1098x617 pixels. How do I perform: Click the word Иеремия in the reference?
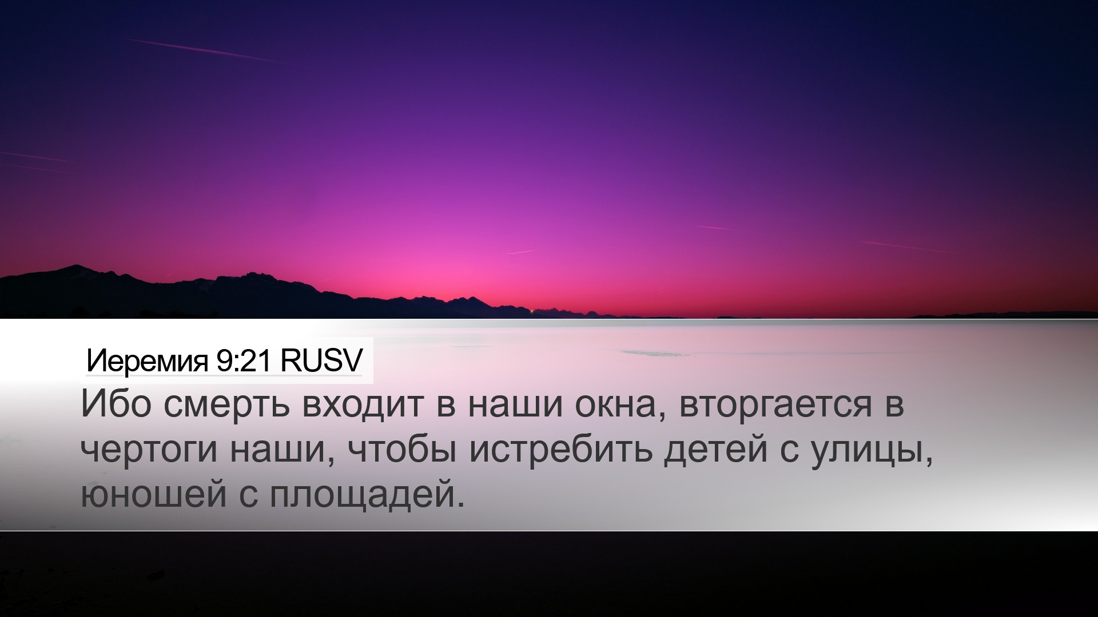coord(147,361)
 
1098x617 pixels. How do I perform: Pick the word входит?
coord(363,406)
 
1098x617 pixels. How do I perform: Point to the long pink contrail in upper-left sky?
coord(203,50)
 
